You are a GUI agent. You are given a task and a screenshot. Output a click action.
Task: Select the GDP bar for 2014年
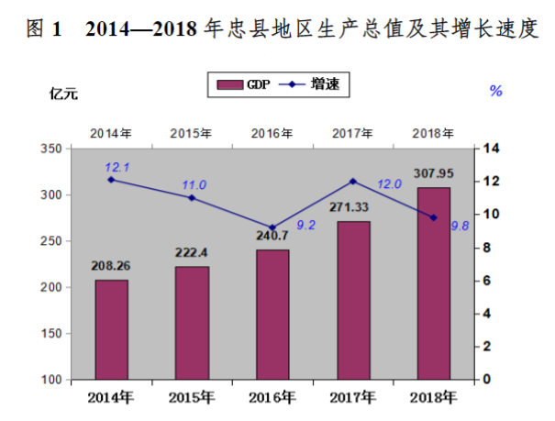pyautogui.click(x=111, y=329)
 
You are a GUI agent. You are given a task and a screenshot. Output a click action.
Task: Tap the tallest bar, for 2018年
pyautogui.click(x=434, y=283)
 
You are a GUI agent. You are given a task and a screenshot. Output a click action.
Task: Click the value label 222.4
pyautogui.click(x=192, y=252)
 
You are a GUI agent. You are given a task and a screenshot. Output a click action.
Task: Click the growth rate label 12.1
pyautogui.click(x=117, y=167)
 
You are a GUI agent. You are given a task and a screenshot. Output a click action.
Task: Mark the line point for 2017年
pyautogui.click(x=353, y=181)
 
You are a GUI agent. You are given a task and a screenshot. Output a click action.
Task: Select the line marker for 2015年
pyautogui.click(x=192, y=197)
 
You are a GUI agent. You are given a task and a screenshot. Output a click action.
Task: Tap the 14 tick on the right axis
pyautogui.click(x=491, y=149)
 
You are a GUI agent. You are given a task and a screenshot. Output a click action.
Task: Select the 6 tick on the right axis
pyautogui.click(x=488, y=281)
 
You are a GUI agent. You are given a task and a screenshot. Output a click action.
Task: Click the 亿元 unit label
pyautogui.click(x=64, y=92)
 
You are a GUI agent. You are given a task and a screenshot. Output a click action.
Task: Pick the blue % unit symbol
pyautogui.click(x=495, y=91)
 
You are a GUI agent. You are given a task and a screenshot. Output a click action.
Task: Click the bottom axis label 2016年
pyautogui.click(x=272, y=397)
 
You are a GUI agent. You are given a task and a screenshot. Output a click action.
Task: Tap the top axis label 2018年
pyautogui.click(x=434, y=133)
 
